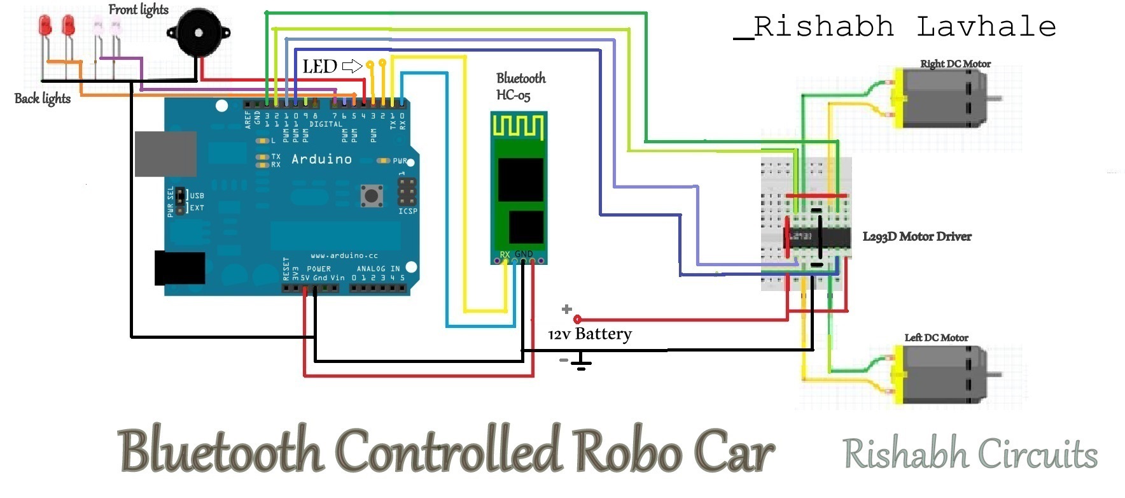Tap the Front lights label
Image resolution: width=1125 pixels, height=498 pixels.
click(138, 10)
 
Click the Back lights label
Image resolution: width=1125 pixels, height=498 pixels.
click(43, 98)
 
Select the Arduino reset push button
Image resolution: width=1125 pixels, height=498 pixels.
click(372, 195)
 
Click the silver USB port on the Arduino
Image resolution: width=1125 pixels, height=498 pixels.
click(165, 154)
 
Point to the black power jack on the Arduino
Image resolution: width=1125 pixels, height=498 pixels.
click(179, 268)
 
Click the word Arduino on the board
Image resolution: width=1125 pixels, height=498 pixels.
click(321, 159)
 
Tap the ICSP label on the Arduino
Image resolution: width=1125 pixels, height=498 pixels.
click(407, 211)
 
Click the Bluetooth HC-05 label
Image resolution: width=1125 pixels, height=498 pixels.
click(521, 87)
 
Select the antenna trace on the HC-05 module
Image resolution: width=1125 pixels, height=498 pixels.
click(519, 127)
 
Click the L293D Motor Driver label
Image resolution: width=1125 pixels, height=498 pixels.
click(916, 237)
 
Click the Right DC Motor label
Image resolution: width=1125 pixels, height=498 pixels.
click(955, 64)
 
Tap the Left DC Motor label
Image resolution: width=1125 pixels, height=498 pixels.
click(936, 338)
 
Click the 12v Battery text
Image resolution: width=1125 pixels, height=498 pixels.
click(590, 334)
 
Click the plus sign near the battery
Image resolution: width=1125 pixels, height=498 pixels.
click(566, 309)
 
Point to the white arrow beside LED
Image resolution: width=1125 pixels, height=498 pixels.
click(352, 66)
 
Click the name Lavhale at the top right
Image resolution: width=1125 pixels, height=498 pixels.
click(986, 27)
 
